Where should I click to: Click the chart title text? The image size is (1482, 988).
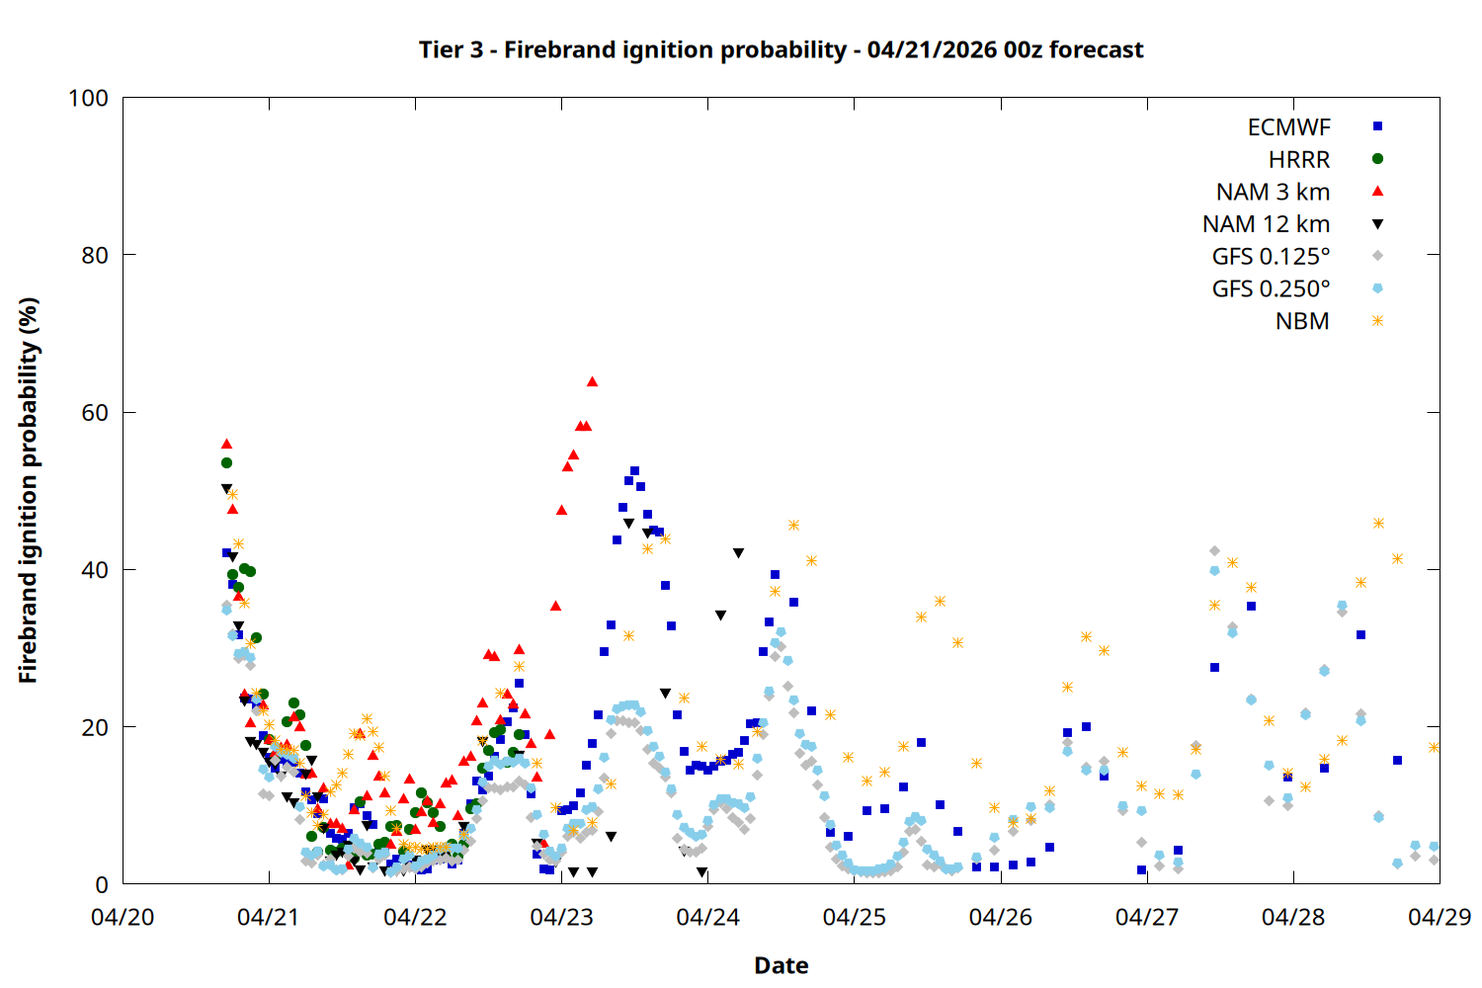pyautogui.click(x=781, y=49)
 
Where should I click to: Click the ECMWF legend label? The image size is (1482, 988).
pyautogui.click(x=1288, y=127)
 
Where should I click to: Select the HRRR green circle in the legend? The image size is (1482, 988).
pyautogui.click(x=1377, y=159)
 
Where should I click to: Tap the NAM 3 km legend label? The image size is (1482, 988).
pyautogui.click(x=1273, y=192)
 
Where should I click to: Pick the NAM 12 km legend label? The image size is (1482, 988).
pyautogui.click(x=1266, y=224)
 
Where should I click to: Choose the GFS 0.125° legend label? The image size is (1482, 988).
pyautogui.click(x=1271, y=257)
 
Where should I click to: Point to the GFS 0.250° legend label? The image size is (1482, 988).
pyautogui.click(x=1271, y=289)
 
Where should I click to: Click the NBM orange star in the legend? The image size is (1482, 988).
pyautogui.click(x=1377, y=321)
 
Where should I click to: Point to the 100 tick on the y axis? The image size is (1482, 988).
pyautogui.click(x=88, y=98)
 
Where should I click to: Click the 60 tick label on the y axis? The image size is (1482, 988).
pyautogui.click(x=95, y=413)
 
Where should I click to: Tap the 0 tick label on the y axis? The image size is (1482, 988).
pyautogui.click(x=102, y=885)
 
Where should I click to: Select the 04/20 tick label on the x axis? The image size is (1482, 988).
pyautogui.click(x=123, y=917)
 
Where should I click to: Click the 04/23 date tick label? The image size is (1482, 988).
pyautogui.click(x=561, y=917)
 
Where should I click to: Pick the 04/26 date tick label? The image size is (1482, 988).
pyautogui.click(x=1001, y=917)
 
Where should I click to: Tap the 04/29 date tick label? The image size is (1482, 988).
pyautogui.click(x=1440, y=917)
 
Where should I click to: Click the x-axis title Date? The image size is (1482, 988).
pyautogui.click(x=781, y=965)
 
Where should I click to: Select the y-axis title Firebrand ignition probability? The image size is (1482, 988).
pyautogui.click(x=28, y=491)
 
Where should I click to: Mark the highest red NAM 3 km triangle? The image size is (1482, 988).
pyautogui.click(x=592, y=381)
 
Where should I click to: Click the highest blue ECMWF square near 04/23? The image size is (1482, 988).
pyautogui.click(x=634, y=471)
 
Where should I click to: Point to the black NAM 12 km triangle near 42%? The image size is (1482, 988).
pyautogui.click(x=738, y=553)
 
